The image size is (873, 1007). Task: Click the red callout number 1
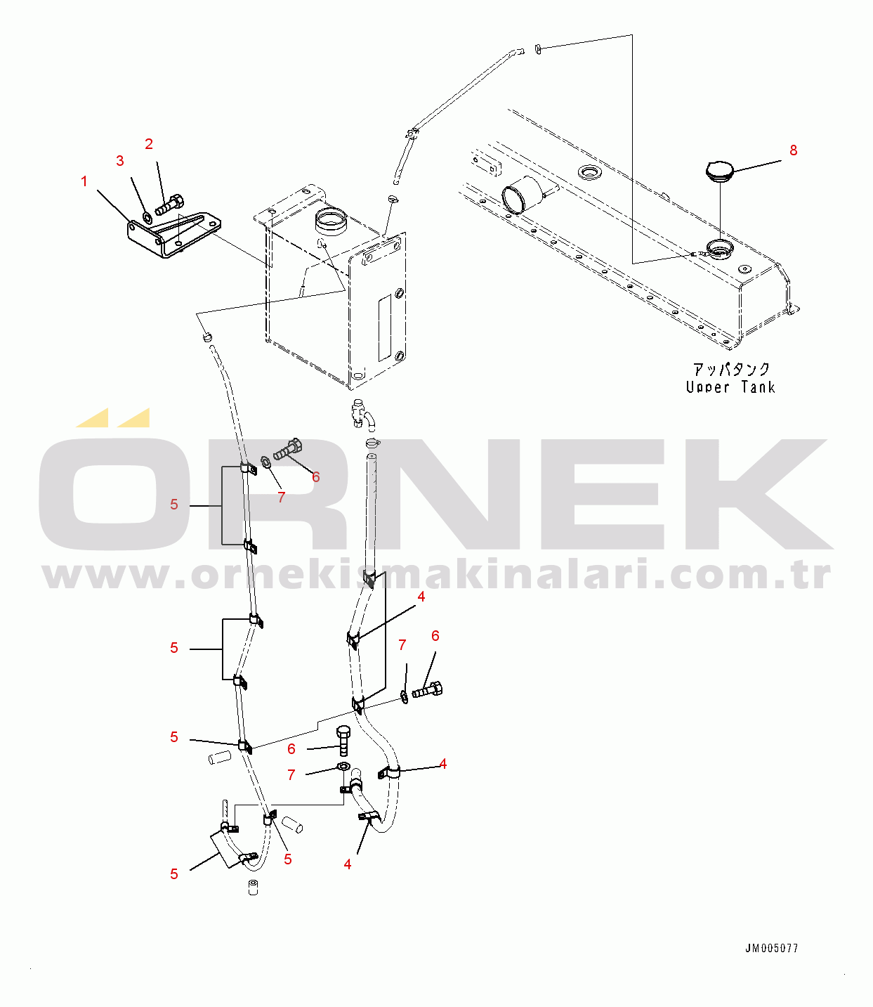(x=84, y=181)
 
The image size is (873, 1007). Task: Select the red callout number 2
(x=149, y=144)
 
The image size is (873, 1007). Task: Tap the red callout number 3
(x=120, y=161)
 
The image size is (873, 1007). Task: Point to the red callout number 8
(x=794, y=150)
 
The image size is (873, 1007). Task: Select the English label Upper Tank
(x=730, y=387)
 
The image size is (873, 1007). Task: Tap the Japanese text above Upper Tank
(x=731, y=369)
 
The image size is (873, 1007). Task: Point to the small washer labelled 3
(x=147, y=217)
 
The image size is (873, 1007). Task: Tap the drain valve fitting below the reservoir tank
(x=362, y=412)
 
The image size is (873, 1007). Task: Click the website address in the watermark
(x=436, y=576)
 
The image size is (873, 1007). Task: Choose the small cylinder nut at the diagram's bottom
(x=253, y=888)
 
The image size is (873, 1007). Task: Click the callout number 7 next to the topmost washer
(x=282, y=498)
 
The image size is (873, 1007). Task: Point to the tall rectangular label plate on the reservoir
(x=385, y=328)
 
